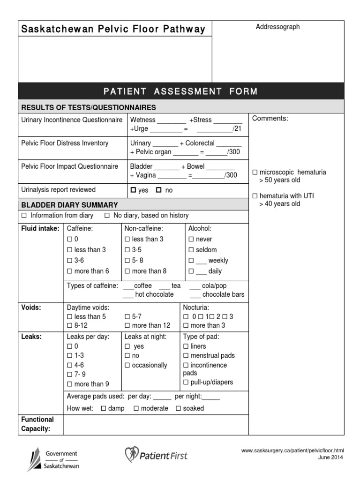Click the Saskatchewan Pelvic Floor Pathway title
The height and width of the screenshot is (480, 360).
pos(113,30)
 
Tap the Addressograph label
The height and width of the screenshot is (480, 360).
pos(277,27)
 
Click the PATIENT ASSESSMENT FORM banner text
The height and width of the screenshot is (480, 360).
pos(180,91)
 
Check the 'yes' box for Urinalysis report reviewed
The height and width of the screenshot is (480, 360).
pos(133,190)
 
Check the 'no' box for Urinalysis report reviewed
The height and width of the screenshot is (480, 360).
pos(158,190)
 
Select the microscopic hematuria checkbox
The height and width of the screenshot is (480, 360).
pos(255,172)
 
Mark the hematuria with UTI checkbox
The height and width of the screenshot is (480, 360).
pos(255,196)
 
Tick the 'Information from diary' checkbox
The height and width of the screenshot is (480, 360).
pos(24,216)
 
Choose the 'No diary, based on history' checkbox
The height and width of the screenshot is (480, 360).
pos(107,216)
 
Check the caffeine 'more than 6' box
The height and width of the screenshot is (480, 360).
pos(70,271)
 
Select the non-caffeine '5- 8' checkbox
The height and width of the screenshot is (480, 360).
pos(127,261)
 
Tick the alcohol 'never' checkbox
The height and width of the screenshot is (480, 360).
pos(191,240)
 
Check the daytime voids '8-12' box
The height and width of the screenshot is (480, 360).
pos(70,325)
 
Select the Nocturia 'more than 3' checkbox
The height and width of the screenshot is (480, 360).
pos(186,325)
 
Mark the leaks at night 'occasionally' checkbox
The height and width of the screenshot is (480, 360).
pos(127,366)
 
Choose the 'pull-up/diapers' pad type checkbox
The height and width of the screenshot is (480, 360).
pos(186,382)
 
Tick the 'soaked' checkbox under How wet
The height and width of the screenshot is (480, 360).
pos(178,409)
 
